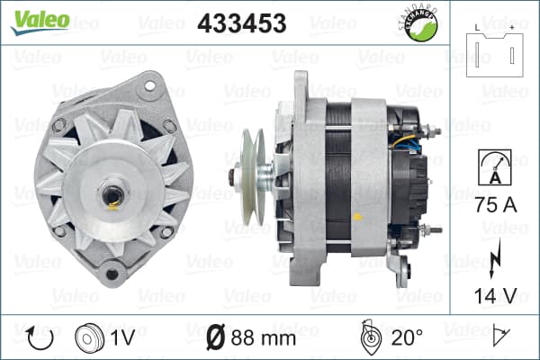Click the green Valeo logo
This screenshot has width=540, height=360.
click(x=40, y=22)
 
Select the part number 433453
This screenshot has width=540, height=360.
click(x=242, y=23)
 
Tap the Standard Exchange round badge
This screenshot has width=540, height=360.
click(x=418, y=23)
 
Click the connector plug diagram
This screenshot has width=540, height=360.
click(x=494, y=53)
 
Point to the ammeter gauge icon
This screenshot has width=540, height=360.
click(x=495, y=167)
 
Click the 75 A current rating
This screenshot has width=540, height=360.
click(x=496, y=205)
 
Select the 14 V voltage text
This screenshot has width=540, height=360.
click(x=496, y=295)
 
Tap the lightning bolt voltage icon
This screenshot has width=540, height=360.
click(x=495, y=258)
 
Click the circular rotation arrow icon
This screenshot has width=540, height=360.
click(x=40, y=338)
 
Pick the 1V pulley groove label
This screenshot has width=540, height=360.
click(x=122, y=337)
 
